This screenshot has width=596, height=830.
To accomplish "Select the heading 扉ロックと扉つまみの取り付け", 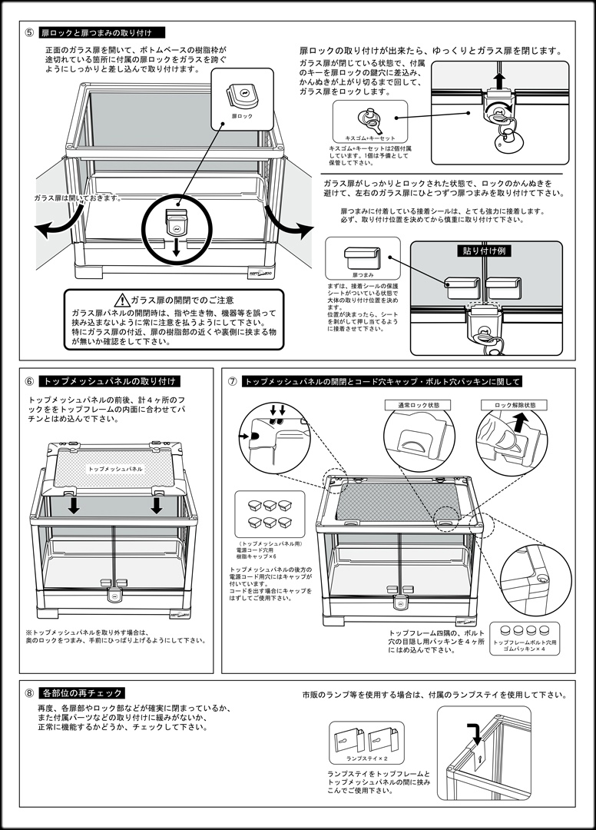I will point(101,33).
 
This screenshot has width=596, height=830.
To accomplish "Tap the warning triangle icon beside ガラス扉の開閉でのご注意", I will point(121,300).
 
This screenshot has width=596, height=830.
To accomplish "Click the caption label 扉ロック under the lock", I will point(241,115).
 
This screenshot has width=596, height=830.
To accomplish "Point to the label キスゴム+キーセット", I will point(370,138).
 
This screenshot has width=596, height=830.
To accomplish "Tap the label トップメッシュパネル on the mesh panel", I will point(114,467).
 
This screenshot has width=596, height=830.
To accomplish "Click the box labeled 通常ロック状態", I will point(419,404).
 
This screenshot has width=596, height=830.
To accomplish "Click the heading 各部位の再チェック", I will point(82,692).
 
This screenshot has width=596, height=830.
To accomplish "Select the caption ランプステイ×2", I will point(368,758).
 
